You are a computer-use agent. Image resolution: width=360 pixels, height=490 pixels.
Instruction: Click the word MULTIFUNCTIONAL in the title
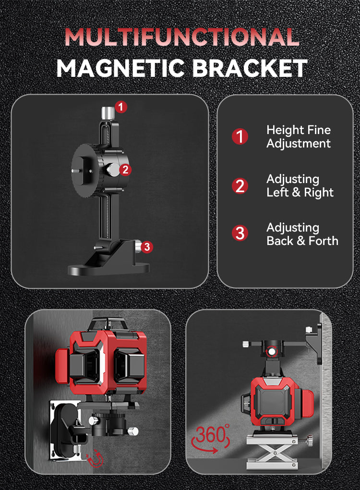[x=181, y=37]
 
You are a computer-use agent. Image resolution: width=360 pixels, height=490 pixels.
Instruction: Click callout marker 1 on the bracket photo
[x=121, y=107]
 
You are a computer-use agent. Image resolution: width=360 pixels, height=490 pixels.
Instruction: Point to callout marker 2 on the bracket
[x=125, y=169]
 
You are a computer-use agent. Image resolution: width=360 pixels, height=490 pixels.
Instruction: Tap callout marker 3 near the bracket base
[x=147, y=247]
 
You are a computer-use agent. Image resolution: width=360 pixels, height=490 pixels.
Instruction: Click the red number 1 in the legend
[x=240, y=137]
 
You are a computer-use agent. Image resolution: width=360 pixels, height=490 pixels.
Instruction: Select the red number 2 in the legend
[x=240, y=185]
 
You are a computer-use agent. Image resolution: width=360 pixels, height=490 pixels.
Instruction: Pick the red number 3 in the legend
[x=240, y=234]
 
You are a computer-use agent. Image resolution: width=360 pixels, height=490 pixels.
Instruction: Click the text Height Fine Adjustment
[x=299, y=137]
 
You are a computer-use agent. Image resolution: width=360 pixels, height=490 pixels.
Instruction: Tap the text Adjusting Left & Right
[x=300, y=185]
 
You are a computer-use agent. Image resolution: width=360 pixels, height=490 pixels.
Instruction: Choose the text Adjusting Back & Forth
[x=302, y=234]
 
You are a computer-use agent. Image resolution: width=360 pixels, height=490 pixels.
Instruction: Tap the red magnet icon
[x=96, y=460]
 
